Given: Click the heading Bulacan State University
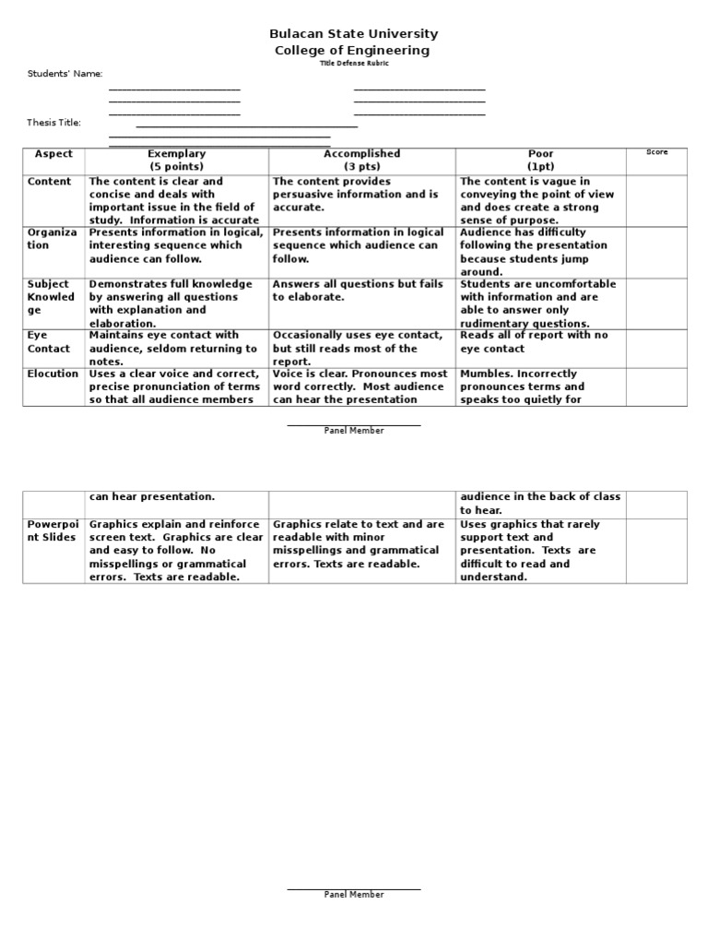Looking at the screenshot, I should point(353,34).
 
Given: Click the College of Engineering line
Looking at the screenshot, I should point(353,51).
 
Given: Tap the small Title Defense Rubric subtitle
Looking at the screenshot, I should point(353,63).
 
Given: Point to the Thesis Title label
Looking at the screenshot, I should point(54,123).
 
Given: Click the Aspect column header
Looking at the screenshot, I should point(53,154).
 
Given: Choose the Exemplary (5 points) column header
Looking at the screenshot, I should point(177,160).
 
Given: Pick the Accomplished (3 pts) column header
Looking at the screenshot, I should point(361,160).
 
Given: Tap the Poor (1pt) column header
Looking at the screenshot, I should point(540,160).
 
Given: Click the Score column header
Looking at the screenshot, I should point(656,152).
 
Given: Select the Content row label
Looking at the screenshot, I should point(50,182).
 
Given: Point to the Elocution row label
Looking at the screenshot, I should point(53,375).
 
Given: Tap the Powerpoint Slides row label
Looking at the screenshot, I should point(53,530).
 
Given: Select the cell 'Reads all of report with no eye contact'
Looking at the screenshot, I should point(534,342).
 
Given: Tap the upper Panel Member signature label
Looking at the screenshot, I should point(353,431).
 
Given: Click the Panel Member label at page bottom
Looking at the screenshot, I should point(353,895).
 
